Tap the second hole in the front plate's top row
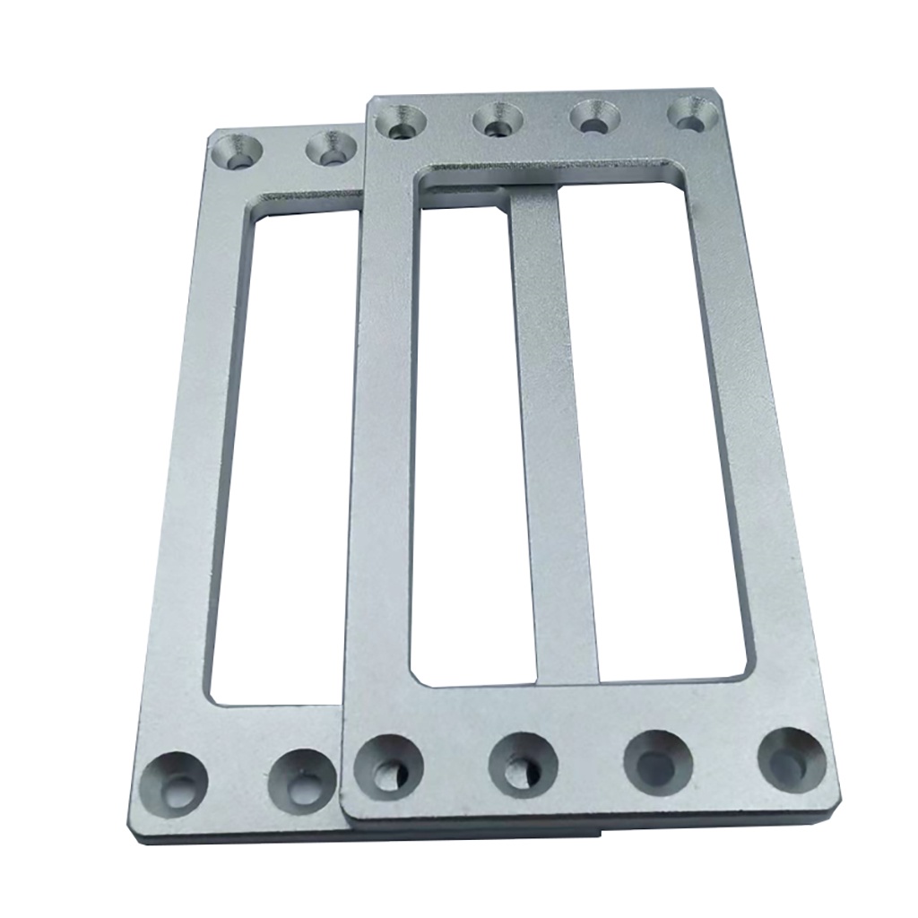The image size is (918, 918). click(x=498, y=119)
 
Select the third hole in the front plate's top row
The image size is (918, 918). click(x=593, y=117)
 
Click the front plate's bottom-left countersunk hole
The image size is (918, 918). click(x=387, y=766)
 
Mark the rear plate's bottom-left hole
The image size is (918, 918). click(x=176, y=784)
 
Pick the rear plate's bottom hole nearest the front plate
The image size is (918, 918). click(x=303, y=780)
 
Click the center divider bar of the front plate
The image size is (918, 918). click(x=553, y=430)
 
